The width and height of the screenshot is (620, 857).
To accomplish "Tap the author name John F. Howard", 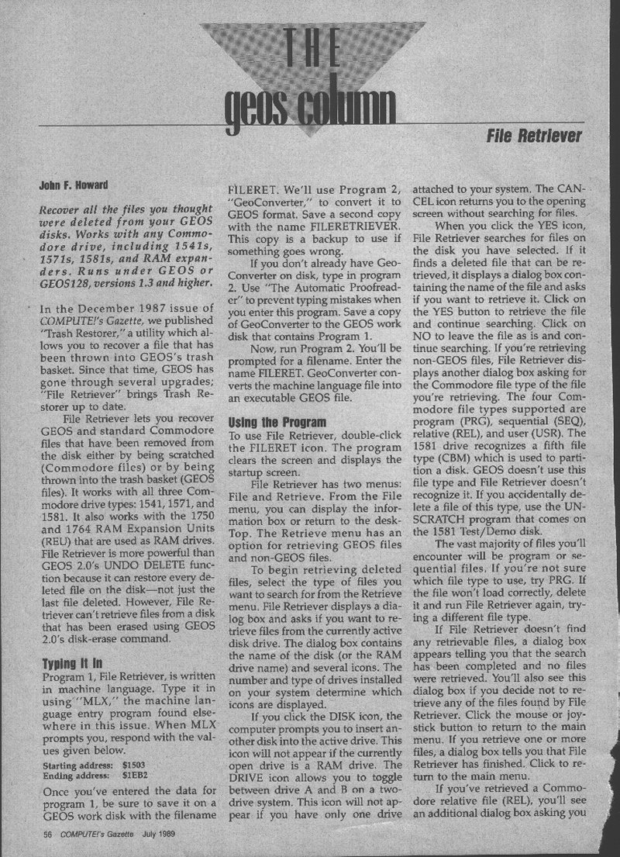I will (x=74, y=186).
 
